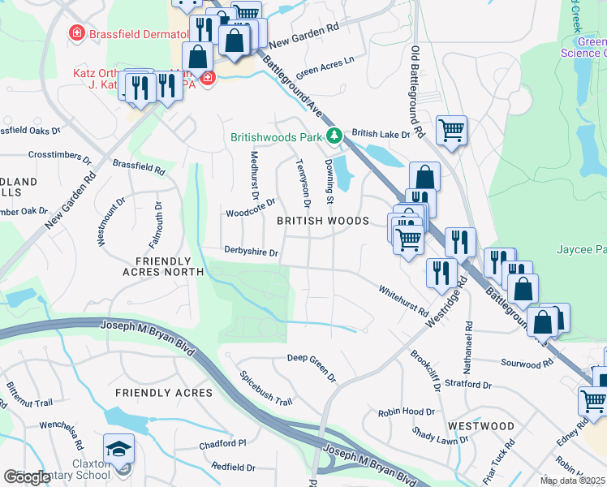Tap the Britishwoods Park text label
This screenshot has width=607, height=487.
coord(277,138)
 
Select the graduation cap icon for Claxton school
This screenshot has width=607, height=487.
coord(118,449)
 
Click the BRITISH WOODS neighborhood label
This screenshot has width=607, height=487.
coord(323,221)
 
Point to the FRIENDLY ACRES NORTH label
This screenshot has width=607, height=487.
coord(160,265)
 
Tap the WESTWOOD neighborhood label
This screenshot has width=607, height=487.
coord(480,425)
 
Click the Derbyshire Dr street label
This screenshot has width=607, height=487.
coord(251,252)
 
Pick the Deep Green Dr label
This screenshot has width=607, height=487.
coord(311,366)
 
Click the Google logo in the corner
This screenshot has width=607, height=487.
coord(27,477)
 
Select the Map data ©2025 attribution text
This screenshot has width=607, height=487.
coord(572,481)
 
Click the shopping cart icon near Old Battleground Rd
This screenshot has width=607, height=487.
coord(451,128)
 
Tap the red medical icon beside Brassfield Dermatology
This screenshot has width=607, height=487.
coord(76,33)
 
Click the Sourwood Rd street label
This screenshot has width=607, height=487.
coord(526,364)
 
